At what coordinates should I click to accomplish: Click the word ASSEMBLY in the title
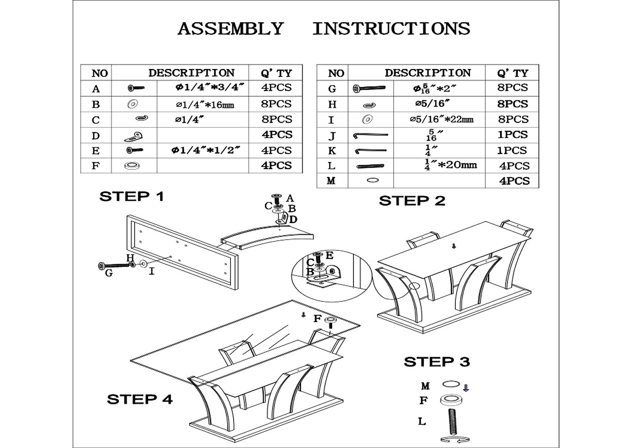coord(230,29)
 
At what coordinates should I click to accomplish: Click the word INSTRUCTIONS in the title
coord(391,29)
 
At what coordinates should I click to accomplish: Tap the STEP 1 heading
coord(132,196)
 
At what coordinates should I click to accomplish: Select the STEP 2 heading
coord(412,201)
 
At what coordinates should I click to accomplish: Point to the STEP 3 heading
coord(437,361)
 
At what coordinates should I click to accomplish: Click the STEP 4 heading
coord(140,399)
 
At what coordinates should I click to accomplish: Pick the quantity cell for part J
coord(512,135)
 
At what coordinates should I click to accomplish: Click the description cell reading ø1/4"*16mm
coord(204,105)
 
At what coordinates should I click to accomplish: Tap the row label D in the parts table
coord(96,136)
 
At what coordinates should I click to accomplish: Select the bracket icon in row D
coord(133,136)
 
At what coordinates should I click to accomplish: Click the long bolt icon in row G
coord(369,88)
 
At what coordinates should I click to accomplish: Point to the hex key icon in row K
coord(371,151)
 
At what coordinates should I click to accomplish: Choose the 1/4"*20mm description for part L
coord(451,165)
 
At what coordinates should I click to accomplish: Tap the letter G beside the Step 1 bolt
coord(109,273)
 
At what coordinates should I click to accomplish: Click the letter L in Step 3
coord(422,421)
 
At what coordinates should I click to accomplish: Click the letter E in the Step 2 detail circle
coord(329,255)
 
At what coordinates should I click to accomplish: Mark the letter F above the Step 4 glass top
coord(317,319)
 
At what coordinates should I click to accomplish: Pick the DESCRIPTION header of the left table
coord(191,73)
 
